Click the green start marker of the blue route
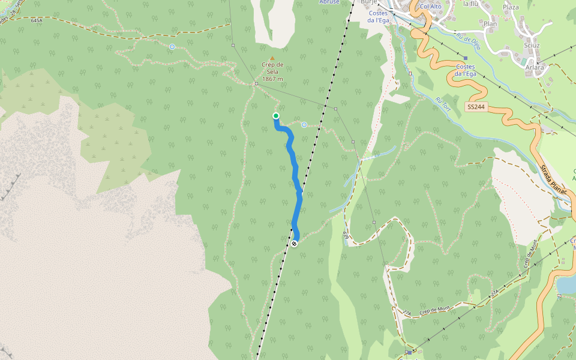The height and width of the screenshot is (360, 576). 276,116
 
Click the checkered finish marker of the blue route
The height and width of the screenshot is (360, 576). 294,244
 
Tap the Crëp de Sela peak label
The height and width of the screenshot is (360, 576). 272,71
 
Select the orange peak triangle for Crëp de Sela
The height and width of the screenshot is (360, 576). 272,58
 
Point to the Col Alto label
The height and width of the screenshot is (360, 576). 430,6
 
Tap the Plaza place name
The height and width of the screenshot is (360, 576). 511,7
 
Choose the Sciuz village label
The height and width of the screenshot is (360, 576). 531,45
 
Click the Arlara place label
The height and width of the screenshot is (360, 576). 534,67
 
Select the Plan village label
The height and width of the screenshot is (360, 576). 490,24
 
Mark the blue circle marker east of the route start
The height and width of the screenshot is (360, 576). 304,125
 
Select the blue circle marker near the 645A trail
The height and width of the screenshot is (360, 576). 172,46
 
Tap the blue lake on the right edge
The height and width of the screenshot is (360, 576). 566,284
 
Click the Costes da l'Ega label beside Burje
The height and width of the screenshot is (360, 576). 379,16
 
